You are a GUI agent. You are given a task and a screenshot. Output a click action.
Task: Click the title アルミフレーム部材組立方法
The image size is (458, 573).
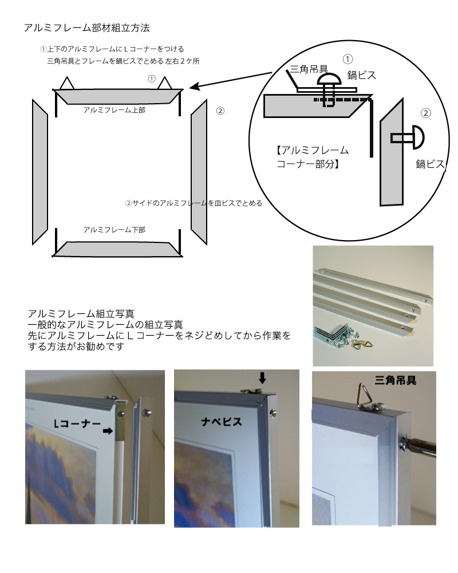tap(86, 28)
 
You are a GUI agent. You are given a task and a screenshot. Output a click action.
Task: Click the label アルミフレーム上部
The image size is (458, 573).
tap(114, 110)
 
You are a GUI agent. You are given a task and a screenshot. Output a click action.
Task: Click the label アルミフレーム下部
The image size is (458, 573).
tap(114, 230)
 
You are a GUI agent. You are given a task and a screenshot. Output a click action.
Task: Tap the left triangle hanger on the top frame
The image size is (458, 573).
tap(67, 84)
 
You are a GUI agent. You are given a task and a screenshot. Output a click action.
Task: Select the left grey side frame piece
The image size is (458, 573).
tap(40, 172)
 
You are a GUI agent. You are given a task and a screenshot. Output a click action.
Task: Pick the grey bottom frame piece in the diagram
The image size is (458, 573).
tap(117, 249)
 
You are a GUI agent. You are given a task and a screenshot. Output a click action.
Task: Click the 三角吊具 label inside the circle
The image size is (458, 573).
tap(309, 69)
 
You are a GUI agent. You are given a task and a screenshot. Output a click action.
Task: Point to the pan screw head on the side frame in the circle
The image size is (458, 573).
tap(418, 138)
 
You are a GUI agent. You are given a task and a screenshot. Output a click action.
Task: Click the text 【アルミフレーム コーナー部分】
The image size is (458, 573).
tap(312, 157)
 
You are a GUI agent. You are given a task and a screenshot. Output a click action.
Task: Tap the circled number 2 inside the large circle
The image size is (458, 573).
tap(425, 113)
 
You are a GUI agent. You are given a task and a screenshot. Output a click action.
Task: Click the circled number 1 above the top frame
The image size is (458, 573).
tap(152, 79)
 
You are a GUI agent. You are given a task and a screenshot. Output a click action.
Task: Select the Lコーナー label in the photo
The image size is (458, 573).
tap(77, 423)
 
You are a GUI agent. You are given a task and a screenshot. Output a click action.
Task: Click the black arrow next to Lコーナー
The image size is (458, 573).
tap(108, 431)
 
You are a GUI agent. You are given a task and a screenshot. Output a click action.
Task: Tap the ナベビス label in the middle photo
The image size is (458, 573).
tap(222, 422)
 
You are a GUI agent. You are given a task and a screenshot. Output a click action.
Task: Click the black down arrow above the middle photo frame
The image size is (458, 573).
tap(262, 378)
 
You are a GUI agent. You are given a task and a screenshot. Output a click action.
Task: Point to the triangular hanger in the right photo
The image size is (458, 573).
tap(368, 394)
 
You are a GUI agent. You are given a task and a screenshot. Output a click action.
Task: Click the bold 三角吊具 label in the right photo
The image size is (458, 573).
tap(396, 380)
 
